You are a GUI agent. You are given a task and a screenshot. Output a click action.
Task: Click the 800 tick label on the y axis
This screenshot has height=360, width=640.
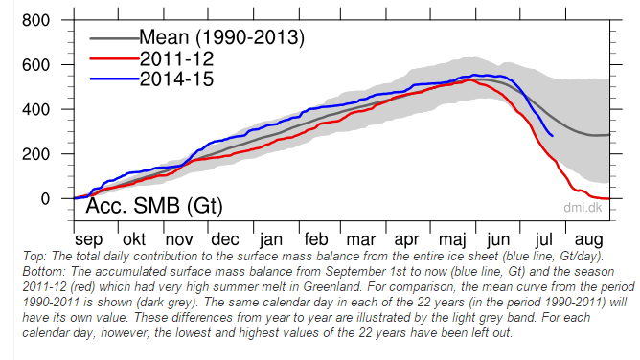click(35, 20)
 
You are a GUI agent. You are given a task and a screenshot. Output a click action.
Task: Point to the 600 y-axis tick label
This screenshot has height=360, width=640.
click(35, 65)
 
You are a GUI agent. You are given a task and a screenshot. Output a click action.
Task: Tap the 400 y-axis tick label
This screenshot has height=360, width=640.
click(35, 110)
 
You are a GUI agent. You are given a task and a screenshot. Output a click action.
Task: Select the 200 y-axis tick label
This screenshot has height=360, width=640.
click(35, 154)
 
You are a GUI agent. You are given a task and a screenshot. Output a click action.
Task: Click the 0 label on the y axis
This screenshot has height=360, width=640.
click(45, 199)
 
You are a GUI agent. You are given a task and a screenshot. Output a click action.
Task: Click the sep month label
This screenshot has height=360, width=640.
click(88, 239)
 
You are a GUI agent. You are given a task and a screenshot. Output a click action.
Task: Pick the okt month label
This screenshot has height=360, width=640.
click(134, 239)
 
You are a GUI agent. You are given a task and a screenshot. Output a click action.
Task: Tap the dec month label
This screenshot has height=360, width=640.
click(225, 239)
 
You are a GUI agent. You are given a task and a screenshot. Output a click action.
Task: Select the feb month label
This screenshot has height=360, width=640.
click(316, 239)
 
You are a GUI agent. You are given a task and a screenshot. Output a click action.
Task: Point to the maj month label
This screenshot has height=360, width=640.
click(452, 239)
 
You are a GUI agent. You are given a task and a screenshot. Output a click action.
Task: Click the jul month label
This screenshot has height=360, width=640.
click(544, 239)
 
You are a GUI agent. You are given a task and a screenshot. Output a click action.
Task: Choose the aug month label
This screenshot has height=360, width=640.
click(588, 240)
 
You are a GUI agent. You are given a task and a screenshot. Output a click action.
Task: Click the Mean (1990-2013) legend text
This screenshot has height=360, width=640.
click(221, 37)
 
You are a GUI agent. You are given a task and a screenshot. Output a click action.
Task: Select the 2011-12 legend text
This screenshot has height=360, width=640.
click(176, 58)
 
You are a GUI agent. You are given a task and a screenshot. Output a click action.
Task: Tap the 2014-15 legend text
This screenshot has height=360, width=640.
click(176, 79)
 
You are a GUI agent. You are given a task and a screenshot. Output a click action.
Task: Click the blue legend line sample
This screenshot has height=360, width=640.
click(114, 79)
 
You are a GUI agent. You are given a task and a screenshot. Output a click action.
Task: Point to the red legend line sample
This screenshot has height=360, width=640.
click(114, 58)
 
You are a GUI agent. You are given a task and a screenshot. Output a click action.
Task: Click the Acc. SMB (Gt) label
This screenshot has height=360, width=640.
click(154, 206)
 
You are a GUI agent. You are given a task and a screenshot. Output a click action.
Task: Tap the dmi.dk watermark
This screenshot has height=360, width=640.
click(583, 208)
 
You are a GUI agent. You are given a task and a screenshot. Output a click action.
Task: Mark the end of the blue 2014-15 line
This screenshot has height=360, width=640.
click(553, 136)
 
